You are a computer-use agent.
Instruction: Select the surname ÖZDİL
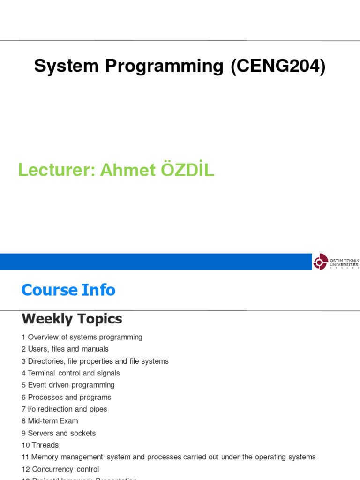187,170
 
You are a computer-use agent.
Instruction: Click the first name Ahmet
127,170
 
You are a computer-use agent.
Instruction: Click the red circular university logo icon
320,262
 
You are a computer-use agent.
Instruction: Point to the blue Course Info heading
68,290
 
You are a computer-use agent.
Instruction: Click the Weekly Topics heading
72,319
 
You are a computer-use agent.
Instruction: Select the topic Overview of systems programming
85,337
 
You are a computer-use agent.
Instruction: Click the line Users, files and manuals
68,349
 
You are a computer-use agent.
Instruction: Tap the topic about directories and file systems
98,361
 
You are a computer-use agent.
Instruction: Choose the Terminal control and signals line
74,373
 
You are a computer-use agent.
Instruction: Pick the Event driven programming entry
71,385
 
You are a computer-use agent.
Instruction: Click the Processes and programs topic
69,397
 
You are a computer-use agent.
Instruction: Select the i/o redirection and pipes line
67,409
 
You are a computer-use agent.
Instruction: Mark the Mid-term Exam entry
52,421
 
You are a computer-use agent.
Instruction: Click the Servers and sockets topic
61,433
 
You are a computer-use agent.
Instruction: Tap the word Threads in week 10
45,445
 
